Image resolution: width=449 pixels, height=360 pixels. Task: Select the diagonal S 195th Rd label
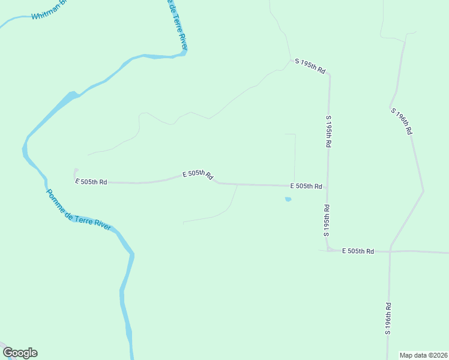pos(310,66)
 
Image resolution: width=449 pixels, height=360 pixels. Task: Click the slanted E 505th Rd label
pos(198,174)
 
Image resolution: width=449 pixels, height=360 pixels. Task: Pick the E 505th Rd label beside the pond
pos(306,187)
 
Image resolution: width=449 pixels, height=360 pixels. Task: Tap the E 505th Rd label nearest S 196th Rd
pos(358,251)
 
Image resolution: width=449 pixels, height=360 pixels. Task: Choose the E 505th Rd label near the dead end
pos(91,181)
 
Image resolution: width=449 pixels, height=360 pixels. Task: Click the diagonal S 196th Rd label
pos(402,121)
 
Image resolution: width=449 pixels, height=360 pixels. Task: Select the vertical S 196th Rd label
pos(388,318)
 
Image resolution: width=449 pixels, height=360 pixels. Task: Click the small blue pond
pos(288,199)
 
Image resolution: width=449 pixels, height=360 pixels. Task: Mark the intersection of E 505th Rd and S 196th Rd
pos(390,251)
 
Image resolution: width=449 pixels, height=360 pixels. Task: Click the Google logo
pos(20,353)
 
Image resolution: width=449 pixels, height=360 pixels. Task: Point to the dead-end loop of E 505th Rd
pos(76,171)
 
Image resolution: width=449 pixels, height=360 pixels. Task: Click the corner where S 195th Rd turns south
pos(329,75)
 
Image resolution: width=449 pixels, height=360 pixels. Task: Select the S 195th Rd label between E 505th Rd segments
pos(327,221)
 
